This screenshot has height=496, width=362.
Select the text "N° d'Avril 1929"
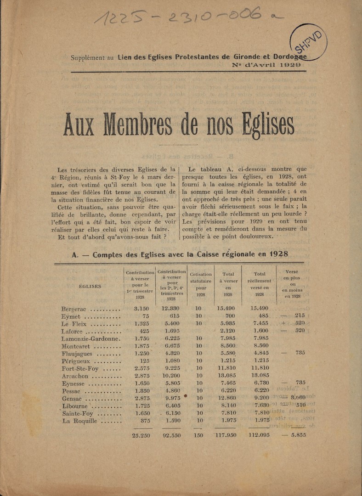pyautogui.click(x=267, y=65)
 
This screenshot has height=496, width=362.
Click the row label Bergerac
pyautogui.click(x=74, y=309)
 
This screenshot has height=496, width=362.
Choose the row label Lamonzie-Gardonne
pyautogui.click(x=90, y=338)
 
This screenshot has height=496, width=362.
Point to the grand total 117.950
pyautogui.click(x=225, y=435)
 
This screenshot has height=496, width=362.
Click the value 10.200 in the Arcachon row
pyautogui.click(x=170, y=376)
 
